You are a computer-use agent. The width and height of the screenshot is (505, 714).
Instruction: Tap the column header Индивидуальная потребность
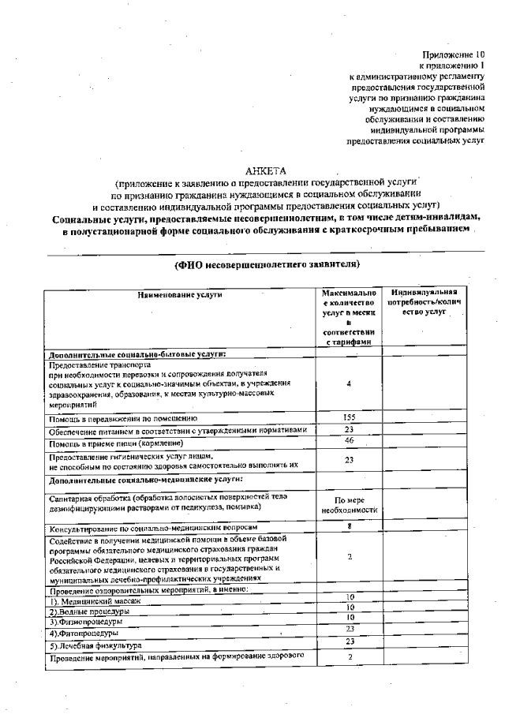point(429,303)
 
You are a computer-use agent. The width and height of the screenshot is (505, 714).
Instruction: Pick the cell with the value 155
point(349,417)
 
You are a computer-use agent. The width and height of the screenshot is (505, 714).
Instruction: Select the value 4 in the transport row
point(349,383)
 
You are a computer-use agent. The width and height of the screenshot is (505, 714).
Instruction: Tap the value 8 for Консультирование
point(349,525)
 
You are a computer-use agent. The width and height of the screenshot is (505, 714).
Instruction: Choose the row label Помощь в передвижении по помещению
point(123,418)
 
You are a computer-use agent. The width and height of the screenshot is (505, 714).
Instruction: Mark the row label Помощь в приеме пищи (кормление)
point(115,443)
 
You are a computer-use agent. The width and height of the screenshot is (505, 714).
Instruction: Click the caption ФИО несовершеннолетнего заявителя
point(267,264)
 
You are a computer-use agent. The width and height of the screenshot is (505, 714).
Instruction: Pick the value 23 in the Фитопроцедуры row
point(349,628)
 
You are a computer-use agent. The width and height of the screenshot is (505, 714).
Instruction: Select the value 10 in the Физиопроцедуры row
point(349,617)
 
